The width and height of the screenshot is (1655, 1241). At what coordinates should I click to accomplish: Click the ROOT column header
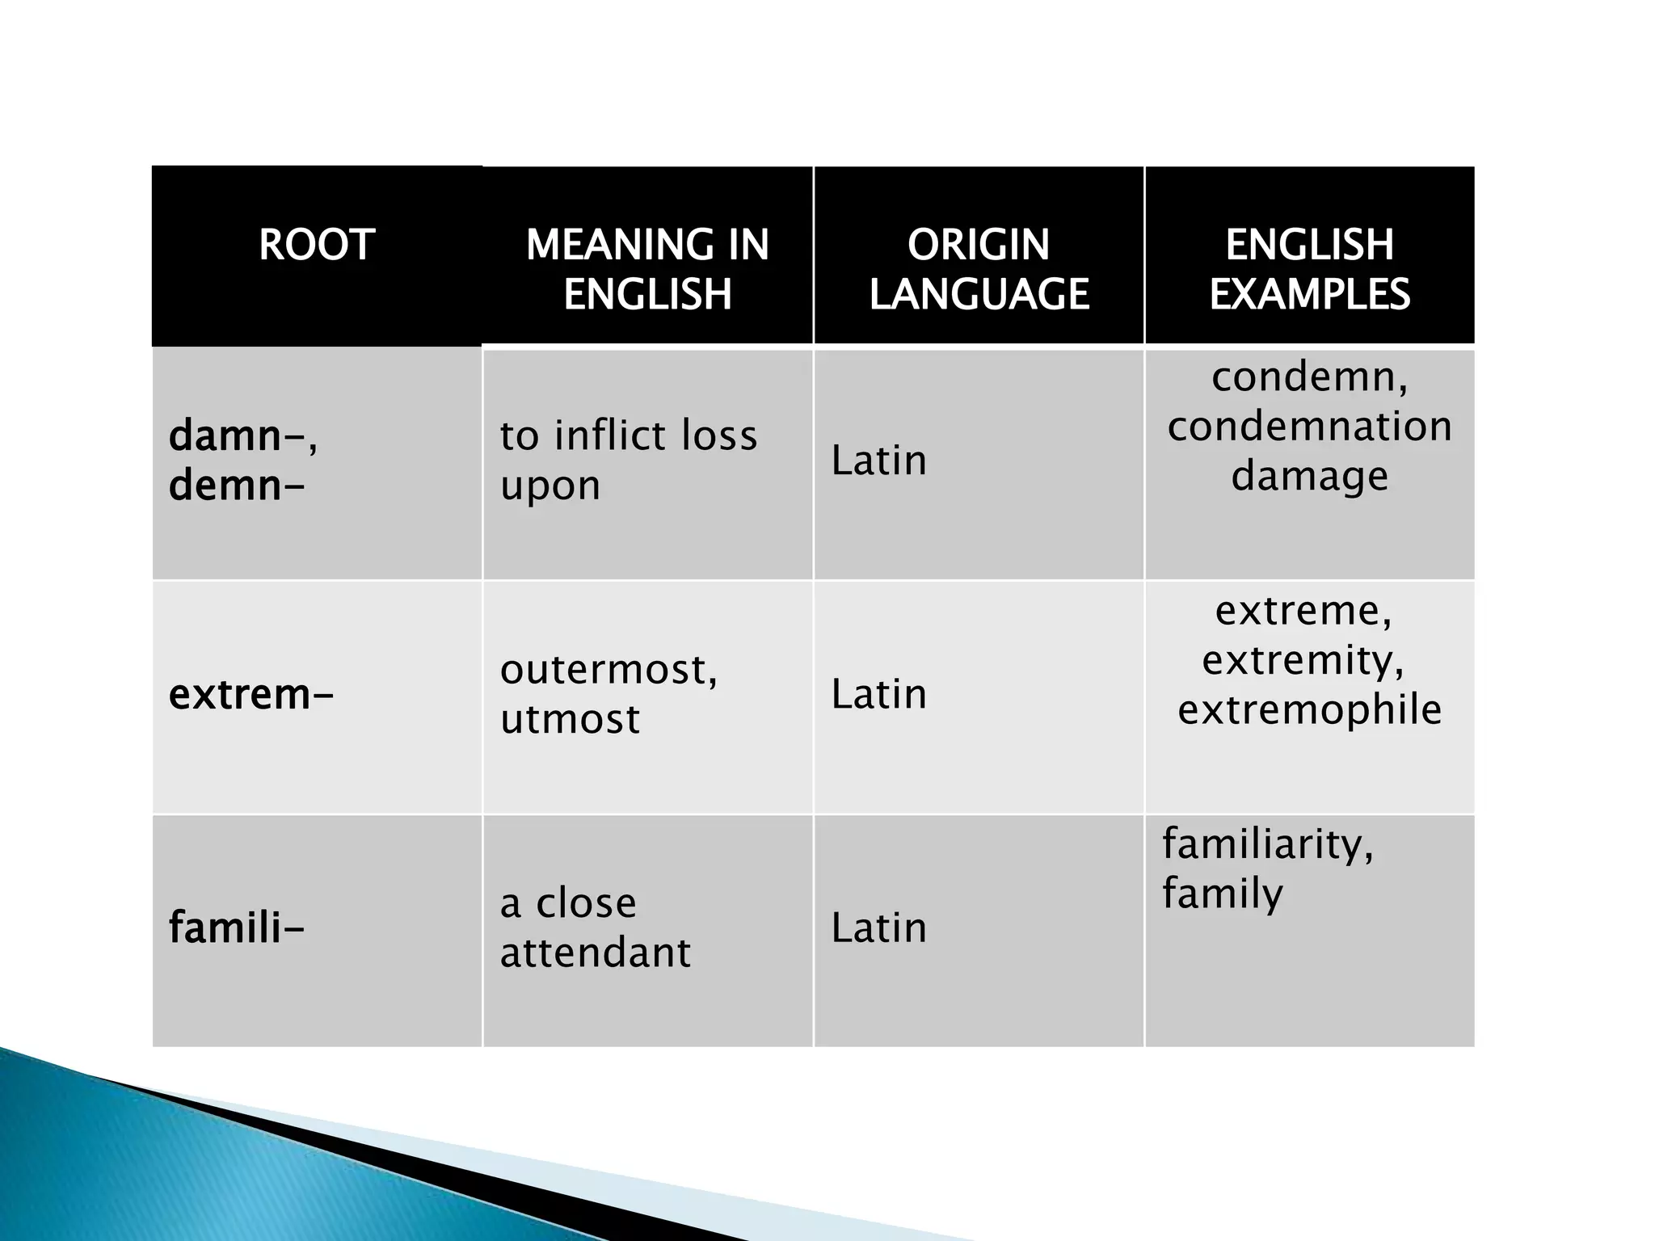317,244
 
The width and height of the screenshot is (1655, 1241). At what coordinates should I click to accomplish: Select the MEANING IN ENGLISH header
647,268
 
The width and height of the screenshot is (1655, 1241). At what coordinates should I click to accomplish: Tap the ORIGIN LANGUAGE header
979,268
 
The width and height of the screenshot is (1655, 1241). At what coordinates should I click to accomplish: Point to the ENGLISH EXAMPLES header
1309,268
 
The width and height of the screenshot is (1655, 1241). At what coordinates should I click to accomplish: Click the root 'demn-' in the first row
237,486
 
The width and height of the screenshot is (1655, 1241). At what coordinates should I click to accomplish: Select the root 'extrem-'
251,694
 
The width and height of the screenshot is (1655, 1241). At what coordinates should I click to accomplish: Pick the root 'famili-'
237,928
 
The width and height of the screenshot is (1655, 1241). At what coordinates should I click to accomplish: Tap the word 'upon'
550,486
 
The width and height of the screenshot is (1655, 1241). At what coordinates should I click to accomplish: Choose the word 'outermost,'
609,670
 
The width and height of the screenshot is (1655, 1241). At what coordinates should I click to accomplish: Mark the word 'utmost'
570,719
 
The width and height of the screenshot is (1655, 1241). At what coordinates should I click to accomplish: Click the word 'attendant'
596,953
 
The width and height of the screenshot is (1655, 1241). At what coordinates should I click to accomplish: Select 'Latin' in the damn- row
878,461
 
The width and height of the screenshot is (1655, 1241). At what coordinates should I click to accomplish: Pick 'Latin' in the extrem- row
878,694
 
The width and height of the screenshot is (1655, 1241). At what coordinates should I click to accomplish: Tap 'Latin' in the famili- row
878,928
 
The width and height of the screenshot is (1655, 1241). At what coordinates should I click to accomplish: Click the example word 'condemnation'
1309,426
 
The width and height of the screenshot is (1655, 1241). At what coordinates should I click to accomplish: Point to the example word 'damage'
1309,476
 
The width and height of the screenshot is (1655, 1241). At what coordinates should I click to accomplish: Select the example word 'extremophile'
1309,709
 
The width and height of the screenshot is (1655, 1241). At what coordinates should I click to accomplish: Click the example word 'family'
1222,894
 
